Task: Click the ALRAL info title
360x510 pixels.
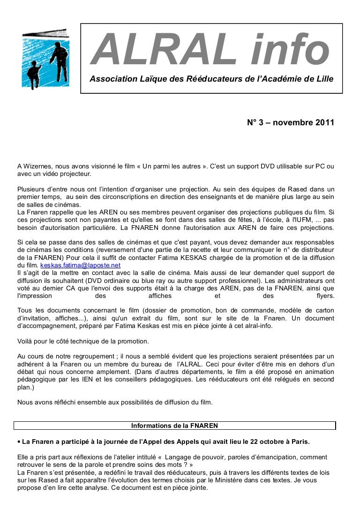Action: tap(210, 50)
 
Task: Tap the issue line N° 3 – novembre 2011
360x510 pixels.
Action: tap(291, 123)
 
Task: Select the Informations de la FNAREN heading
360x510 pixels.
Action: tap(174, 426)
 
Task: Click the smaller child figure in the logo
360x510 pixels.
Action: tap(33, 75)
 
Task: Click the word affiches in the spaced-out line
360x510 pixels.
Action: tap(160, 296)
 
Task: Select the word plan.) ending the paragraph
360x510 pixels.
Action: tap(25, 388)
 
